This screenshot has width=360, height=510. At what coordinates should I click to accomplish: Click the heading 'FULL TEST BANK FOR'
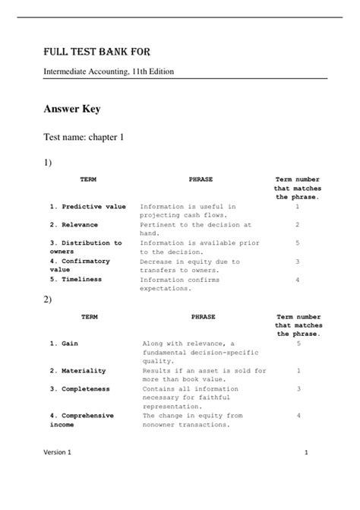pyautogui.click(x=96, y=52)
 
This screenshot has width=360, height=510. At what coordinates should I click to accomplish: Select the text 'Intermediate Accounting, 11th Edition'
pyautogui.click(x=109, y=71)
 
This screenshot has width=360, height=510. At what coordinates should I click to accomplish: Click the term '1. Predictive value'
pyautogui.click(x=88, y=206)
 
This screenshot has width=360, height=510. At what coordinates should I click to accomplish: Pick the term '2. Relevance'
pyautogui.click(x=75, y=224)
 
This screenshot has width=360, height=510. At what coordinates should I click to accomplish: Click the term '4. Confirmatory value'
pyautogui.click(x=80, y=265)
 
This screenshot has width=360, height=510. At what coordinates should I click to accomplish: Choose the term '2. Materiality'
pyautogui.click(x=78, y=370)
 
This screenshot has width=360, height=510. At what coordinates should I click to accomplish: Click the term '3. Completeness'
pyautogui.click(x=80, y=388)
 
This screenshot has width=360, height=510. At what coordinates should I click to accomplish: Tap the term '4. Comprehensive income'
pyautogui.click(x=81, y=420)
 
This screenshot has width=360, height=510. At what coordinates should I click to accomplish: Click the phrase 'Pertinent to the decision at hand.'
pyautogui.click(x=195, y=229)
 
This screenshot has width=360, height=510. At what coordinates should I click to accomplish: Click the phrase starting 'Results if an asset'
pyautogui.click(x=204, y=375)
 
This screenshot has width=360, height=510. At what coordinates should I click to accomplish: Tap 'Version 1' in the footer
pyautogui.click(x=57, y=474)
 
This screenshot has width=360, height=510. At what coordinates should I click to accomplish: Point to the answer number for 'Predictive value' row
pyautogui.click(x=297, y=206)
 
